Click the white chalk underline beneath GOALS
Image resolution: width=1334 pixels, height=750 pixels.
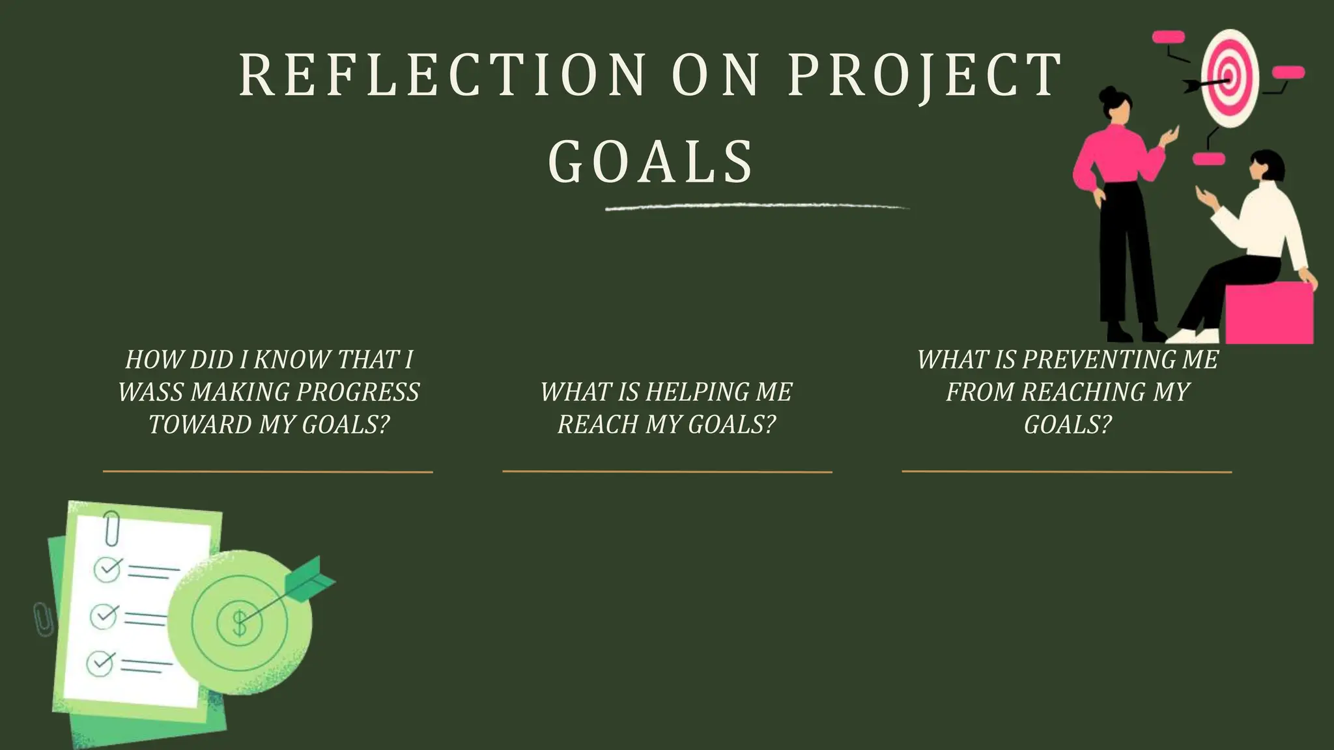[756, 208]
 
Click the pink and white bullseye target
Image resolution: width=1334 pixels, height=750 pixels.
[1230, 78]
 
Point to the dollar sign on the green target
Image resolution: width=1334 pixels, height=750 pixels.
[240, 623]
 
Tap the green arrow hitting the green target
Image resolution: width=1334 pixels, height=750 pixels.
[306, 579]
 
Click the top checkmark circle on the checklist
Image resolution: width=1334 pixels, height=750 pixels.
[107, 569]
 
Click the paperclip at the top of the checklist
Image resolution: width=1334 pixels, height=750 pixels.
[112, 528]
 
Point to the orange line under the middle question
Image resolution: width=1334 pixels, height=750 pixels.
[667, 471]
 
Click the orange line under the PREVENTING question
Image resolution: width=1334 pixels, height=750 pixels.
[1066, 471]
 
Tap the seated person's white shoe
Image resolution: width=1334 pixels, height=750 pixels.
[1192, 336]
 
